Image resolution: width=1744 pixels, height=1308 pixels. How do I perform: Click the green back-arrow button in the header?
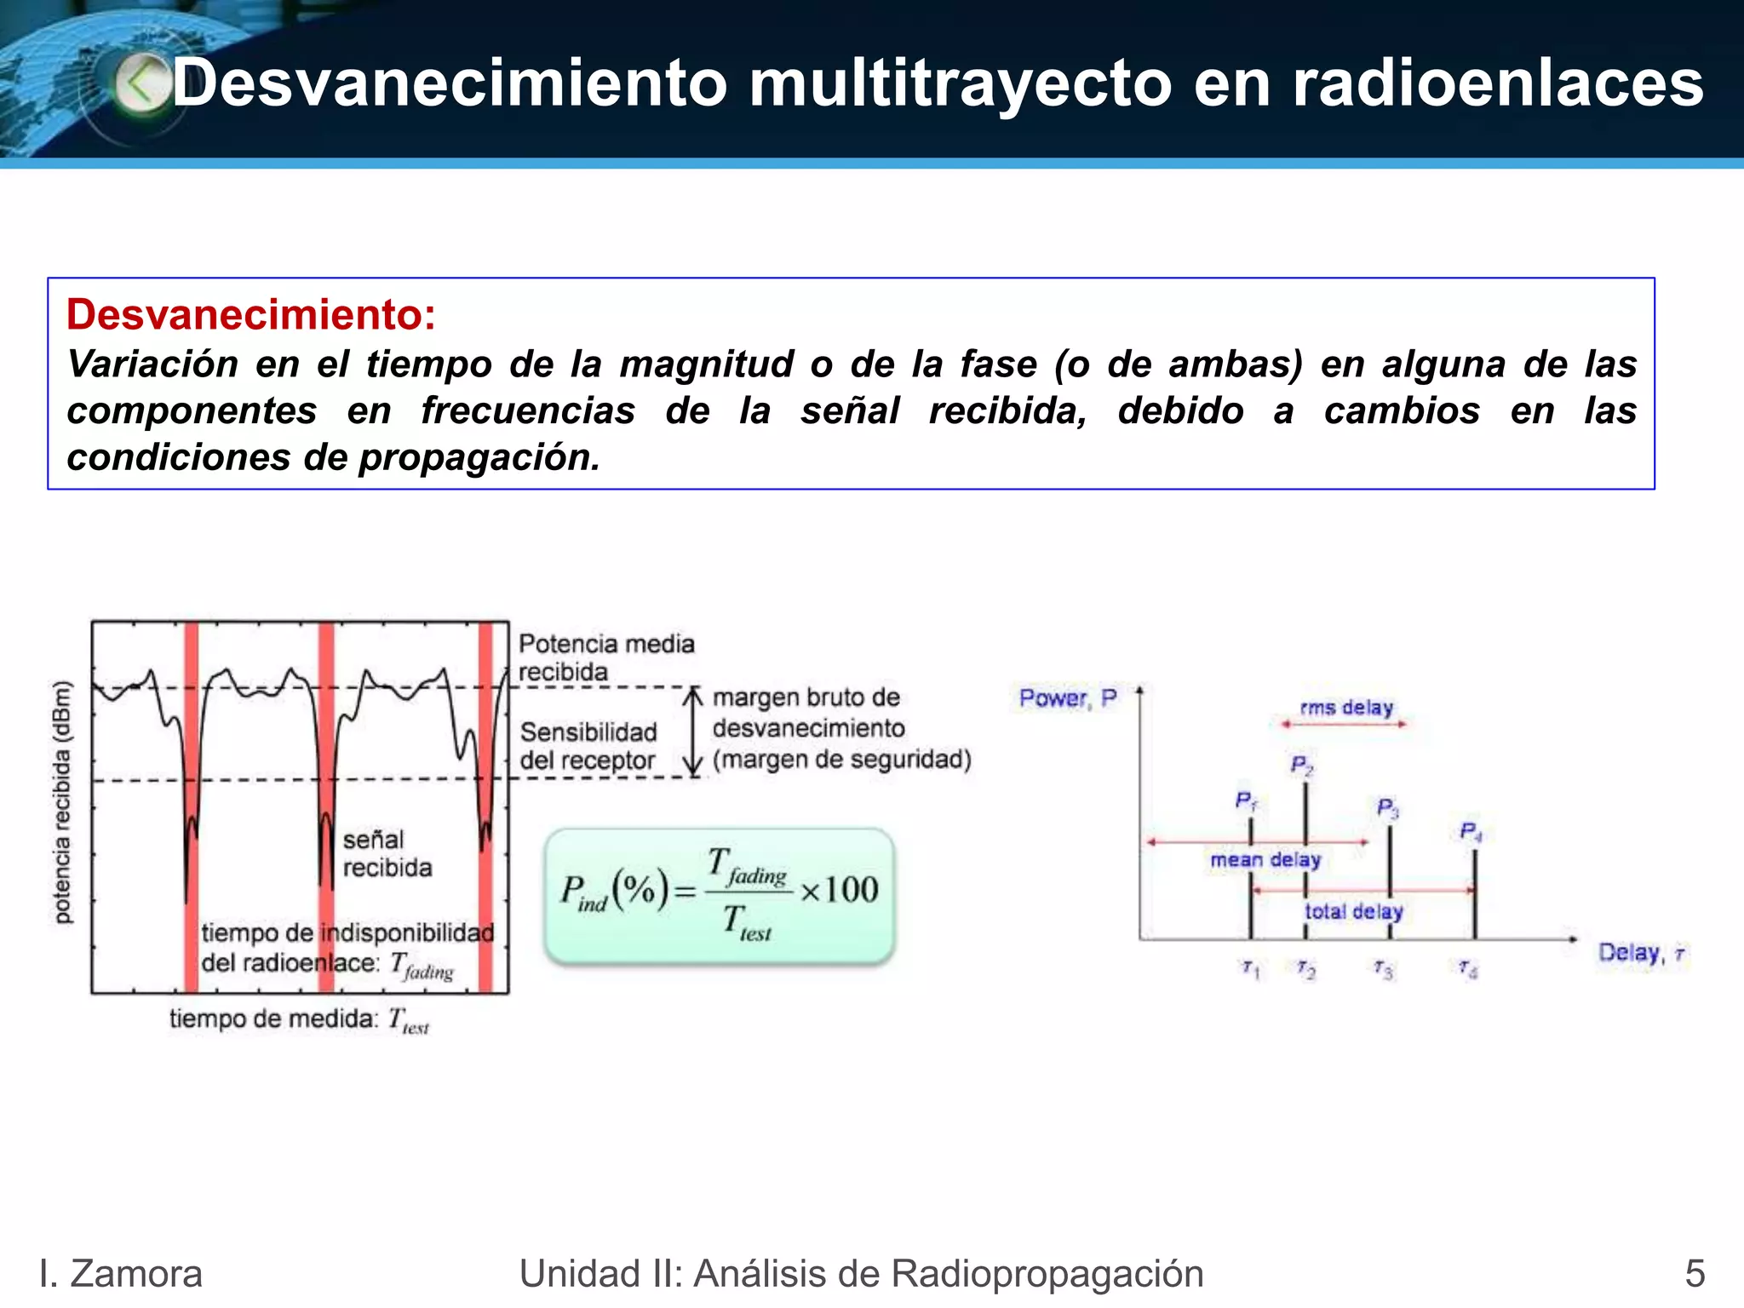tap(141, 83)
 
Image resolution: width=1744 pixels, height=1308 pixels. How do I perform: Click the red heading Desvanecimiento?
tap(251, 314)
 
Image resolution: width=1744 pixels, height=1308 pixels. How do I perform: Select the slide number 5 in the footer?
tap(1695, 1274)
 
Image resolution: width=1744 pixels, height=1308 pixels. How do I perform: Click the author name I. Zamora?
tap(121, 1274)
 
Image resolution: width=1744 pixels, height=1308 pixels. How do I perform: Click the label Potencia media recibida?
tap(606, 657)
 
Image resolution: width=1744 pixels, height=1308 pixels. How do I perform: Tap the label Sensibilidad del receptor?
tap(588, 746)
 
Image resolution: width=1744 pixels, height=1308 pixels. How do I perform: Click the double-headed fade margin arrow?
tap(695, 732)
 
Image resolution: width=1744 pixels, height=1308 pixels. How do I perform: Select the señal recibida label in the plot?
tap(387, 853)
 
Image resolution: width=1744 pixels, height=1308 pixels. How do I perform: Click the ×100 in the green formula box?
tap(840, 890)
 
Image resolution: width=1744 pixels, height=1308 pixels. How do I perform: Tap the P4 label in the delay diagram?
tap(1471, 831)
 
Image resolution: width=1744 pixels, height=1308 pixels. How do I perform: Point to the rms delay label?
tap(1346, 708)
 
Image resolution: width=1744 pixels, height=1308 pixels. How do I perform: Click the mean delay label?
tap(1265, 860)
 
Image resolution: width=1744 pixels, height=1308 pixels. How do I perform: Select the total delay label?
tap(1353, 911)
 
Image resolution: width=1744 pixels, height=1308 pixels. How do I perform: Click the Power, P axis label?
tap(1068, 698)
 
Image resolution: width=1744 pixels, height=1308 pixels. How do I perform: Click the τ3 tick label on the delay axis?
tap(1383, 969)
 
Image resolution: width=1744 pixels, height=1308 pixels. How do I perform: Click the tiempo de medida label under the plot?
tap(299, 1019)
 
